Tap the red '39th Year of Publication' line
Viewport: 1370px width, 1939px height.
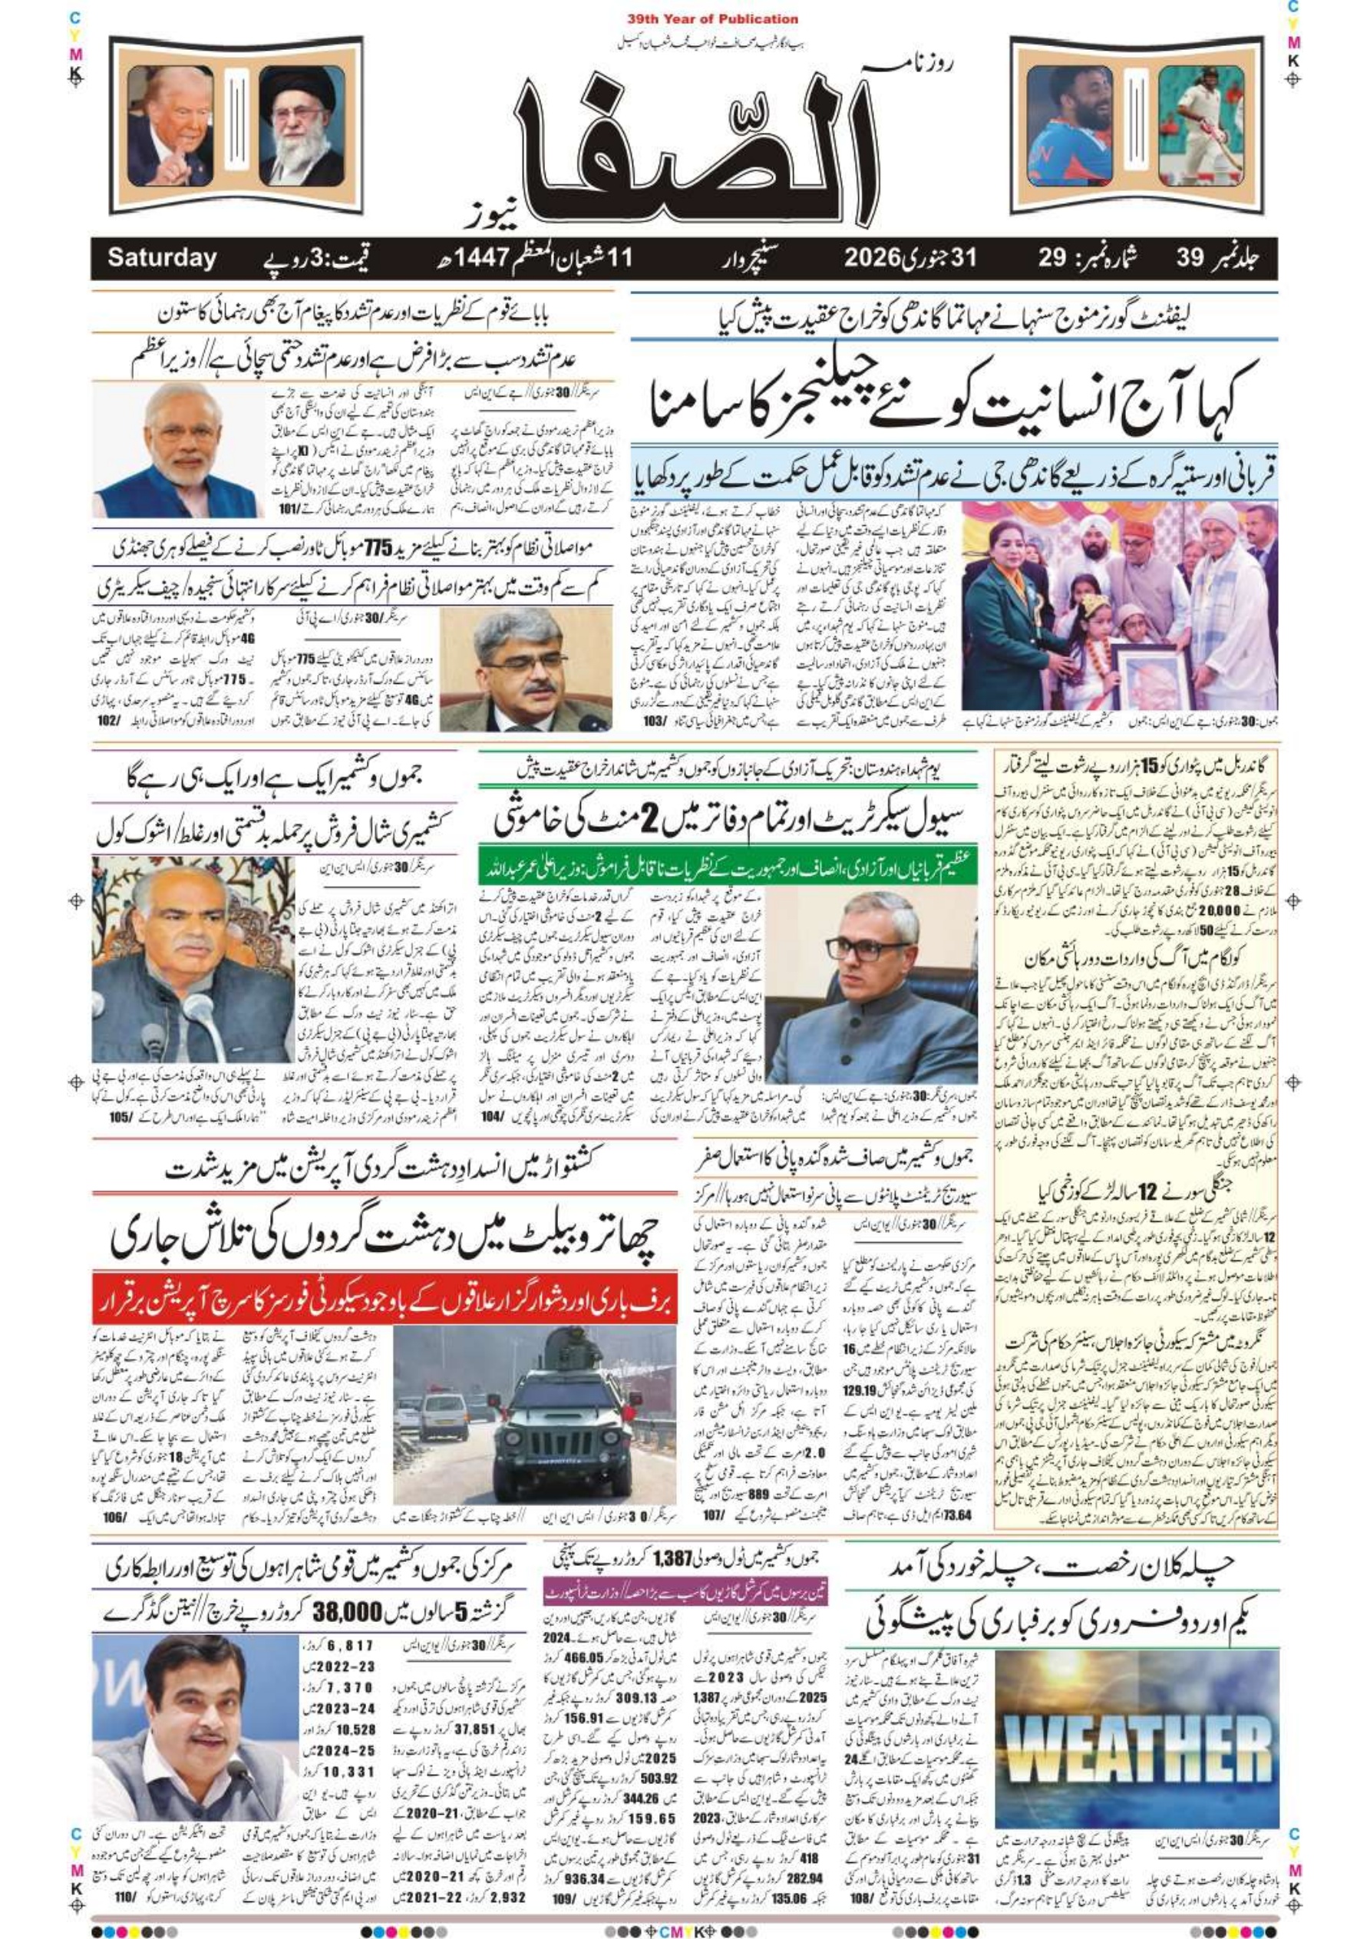(x=713, y=18)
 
